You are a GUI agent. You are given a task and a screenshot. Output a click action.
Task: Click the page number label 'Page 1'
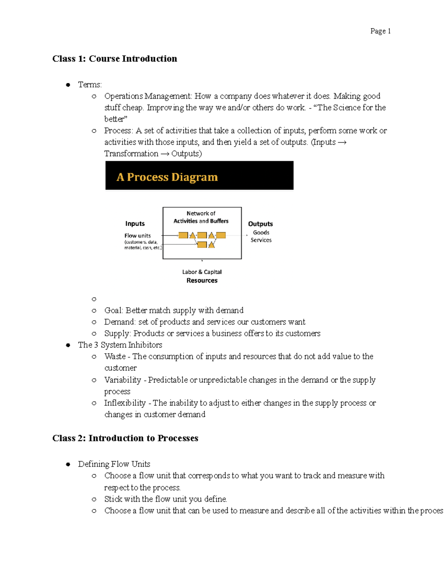380,31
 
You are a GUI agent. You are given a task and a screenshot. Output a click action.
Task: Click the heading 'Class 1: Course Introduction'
115,59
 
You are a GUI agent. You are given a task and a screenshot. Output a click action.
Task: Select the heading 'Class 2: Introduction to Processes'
125,438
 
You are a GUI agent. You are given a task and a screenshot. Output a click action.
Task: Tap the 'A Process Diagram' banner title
167,177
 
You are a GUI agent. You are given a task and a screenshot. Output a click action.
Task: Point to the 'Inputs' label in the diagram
135,224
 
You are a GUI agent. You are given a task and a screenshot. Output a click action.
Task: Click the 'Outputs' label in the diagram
260,224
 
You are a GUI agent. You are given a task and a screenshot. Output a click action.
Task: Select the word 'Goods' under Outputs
261,233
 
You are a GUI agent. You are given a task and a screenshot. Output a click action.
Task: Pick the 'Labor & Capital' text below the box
202,272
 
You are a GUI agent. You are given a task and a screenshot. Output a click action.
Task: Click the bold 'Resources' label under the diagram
202,281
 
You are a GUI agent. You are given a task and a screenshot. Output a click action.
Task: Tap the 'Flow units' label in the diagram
137,235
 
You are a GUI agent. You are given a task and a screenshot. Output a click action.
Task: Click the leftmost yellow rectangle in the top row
183,235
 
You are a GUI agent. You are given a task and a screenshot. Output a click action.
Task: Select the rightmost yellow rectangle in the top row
221,235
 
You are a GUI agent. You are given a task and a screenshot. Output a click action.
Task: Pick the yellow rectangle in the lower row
202,244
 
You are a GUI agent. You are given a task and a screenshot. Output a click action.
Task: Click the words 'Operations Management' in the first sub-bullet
147,96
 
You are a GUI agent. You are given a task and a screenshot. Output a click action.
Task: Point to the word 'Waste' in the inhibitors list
115,357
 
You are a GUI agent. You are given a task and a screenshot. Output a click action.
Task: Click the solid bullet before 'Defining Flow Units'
68,464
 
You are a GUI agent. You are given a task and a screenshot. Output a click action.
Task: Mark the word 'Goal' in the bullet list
113,310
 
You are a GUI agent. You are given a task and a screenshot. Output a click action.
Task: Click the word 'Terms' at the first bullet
89,85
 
